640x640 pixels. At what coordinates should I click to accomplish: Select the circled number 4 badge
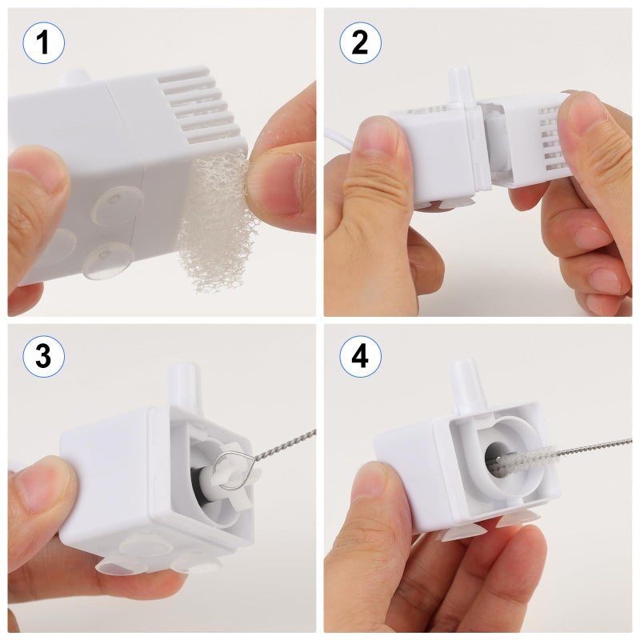click(360, 357)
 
